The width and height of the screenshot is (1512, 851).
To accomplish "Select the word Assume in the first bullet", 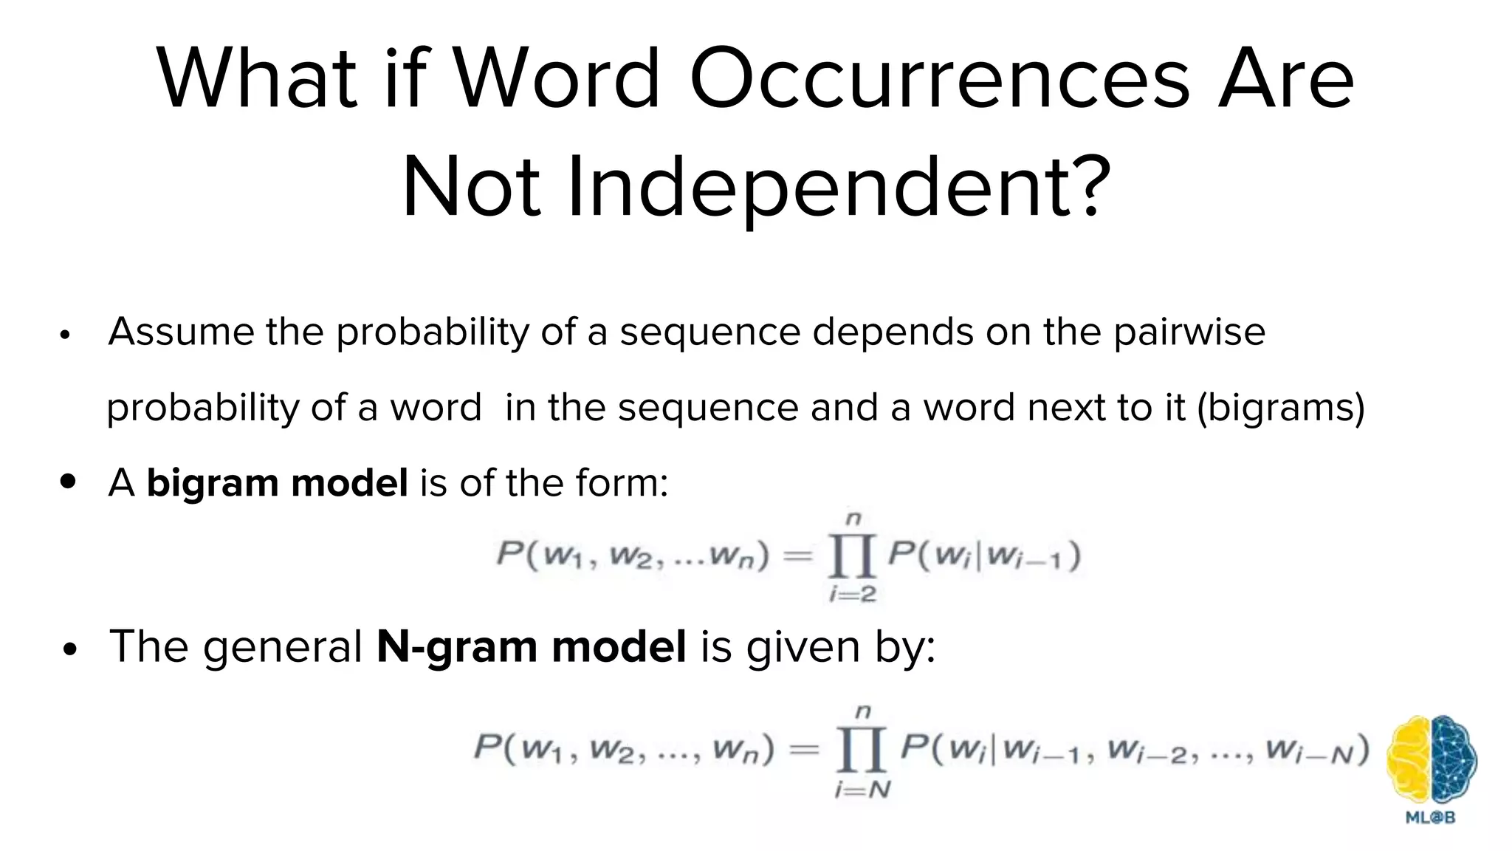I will coord(180,332).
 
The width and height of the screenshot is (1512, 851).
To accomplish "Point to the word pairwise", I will coord(1189,332).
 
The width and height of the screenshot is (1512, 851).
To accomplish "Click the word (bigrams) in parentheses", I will coord(1280,408).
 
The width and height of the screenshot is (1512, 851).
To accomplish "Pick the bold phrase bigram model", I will coord(277,483).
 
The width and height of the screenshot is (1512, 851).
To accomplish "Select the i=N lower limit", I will coord(862,790).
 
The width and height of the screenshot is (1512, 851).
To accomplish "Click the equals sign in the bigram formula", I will coord(797,555).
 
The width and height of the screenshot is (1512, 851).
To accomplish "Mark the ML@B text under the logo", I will coord(1431,818).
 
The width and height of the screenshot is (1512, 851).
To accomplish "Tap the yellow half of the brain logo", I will coord(1409,760).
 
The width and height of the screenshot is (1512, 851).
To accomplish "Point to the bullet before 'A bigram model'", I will coord(68,482).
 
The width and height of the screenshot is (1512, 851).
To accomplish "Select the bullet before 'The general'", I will coord(70,650).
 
